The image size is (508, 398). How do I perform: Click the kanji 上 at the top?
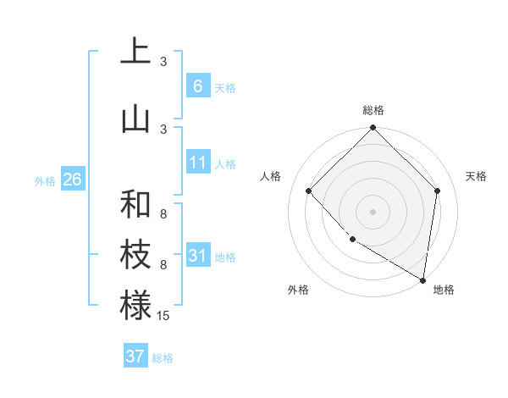pyautogui.click(x=135, y=53)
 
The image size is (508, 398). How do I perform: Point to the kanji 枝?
pyautogui.click(x=135, y=256)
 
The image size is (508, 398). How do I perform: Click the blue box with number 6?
pyautogui.click(x=197, y=86)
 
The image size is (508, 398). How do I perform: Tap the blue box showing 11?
pyautogui.click(x=197, y=163)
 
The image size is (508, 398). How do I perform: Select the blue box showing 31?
pyautogui.click(x=197, y=255)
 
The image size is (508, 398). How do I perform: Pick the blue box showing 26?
pyautogui.click(x=72, y=180)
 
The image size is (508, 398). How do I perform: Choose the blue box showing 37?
pyautogui.click(x=135, y=356)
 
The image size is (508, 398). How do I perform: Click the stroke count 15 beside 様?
pyautogui.click(x=163, y=316)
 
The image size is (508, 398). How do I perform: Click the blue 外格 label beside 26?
pyautogui.click(x=45, y=181)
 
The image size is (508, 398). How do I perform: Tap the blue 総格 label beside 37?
pyautogui.click(x=163, y=358)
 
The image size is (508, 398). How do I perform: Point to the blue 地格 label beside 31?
pyautogui.click(x=225, y=257)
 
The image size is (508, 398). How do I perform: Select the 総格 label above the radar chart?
pyautogui.click(x=373, y=110)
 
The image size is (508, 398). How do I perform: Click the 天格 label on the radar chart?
pyautogui.click(x=476, y=176)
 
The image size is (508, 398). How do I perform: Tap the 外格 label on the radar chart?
pyautogui.click(x=298, y=290)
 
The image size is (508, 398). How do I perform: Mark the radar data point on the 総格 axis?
pyautogui.click(x=373, y=128)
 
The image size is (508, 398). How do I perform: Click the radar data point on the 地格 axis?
pyautogui.click(x=423, y=280)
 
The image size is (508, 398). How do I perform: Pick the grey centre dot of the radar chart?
pyautogui.click(x=373, y=211)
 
